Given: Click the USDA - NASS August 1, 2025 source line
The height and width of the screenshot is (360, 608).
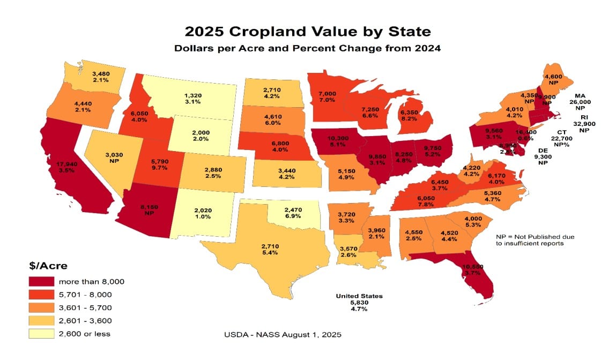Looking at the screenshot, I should point(282,334).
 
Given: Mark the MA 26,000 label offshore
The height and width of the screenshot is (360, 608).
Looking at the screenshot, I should point(580,102).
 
